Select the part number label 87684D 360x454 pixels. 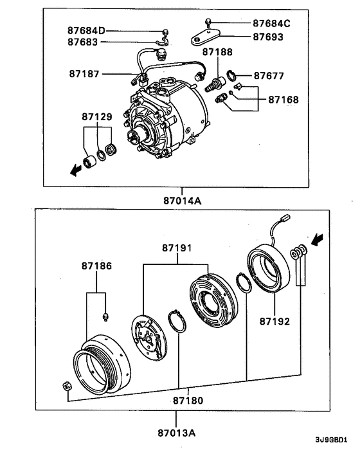(x=87, y=31)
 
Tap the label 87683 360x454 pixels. (x=83, y=42)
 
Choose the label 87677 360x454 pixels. (x=269, y=75)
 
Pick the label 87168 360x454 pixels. (x=283, y=100)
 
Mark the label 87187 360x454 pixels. (x=85, y=73)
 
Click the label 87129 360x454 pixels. (x=97, y=117)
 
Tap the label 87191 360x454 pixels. (x=177, y=248)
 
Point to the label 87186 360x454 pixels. (x=96, y=265)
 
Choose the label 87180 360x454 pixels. (x=188, y=400)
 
